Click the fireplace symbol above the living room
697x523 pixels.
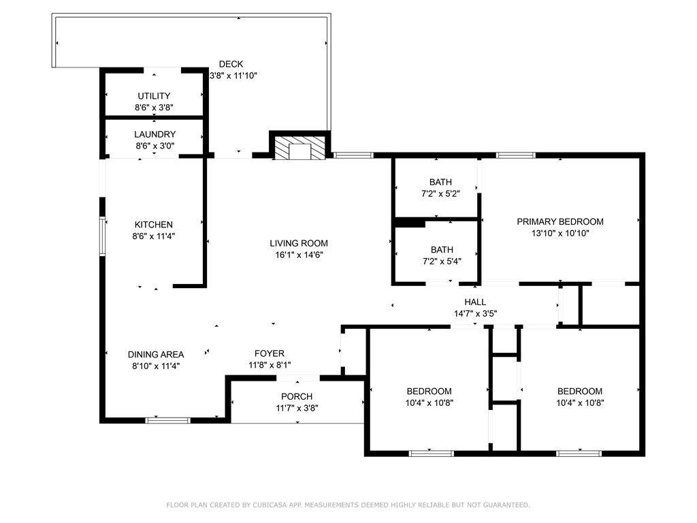point(299,148)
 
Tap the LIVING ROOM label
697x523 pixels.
point(299,243)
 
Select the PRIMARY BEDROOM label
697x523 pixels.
point(560,221)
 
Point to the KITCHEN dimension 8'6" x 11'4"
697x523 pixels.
point(153,236)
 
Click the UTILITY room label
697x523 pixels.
point(154,95)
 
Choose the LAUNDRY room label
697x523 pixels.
point(155,134)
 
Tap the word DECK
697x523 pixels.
point(231,64)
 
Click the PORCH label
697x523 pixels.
point(297,396)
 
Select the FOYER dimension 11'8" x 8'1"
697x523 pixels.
point(270,365)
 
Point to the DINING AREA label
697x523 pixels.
point(156,354)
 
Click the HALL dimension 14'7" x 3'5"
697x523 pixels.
point(475,313)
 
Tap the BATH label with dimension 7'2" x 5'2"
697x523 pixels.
point(440,182)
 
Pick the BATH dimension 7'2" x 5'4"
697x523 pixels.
point(442,261)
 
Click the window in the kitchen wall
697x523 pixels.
point(102,236)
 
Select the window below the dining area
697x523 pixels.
point(168,419)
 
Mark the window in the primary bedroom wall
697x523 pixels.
point(516,155)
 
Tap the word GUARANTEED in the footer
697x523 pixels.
point(506,505)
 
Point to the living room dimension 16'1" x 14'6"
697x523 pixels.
point(299,255)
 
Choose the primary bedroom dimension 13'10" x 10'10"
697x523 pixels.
point(560,233)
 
